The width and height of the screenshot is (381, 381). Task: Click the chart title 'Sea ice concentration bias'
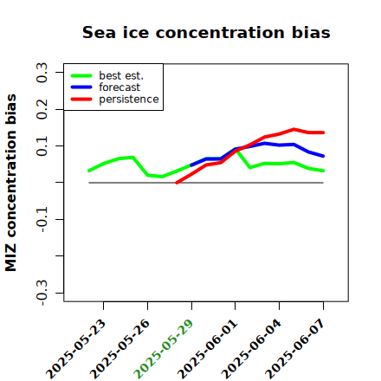pyautogui.click(x=206, y=32)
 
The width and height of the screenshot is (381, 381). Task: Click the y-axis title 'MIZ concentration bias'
pyautogui.click(x=11, y=183)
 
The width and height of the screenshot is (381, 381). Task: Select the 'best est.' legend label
pyautogui.click(x=121, y=75)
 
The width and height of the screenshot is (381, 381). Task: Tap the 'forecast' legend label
pyautogui.click(x=119, y=87)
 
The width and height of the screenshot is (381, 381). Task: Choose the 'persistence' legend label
pyautogui.click(x=129, y=100)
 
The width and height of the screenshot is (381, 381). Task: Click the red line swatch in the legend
pyautogui.click(x=81, y=100)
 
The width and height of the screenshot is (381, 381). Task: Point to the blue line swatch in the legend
pyautogui.click(x=81, y=87)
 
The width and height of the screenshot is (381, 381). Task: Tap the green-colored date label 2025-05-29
pyautogui.click(x=164, y=349)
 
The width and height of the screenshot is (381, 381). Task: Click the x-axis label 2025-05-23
pyautogui.click(x=75, y=349)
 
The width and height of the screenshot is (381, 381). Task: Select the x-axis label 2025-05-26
pyautogui.click(x=119, y=349)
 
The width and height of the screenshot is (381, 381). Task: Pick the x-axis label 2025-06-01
pyautogui.click(x=207, y=349)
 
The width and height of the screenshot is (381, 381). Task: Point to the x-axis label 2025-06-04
pyautogui.click(x=251, y=349)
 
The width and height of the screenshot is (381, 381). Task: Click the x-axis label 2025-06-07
pyautogui.click(x=295, y=349)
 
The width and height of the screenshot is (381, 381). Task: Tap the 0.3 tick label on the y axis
pyautogui.click(x=42, y=73)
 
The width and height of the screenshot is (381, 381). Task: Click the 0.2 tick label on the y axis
pyautogui.click(x=42, y=109)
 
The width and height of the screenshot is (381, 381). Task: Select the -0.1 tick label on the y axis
pyautogui.click(x=42, y=219)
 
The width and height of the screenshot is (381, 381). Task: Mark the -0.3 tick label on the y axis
pyautogui.click(x=42, y=293)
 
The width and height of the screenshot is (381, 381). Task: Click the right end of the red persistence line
pyautogui.click(x=323, y=132)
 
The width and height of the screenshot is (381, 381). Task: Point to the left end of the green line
pyautogui.click(x=89, y=171)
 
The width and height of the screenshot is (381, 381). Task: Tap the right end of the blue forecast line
pyautogui.click(x=323, y=156)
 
